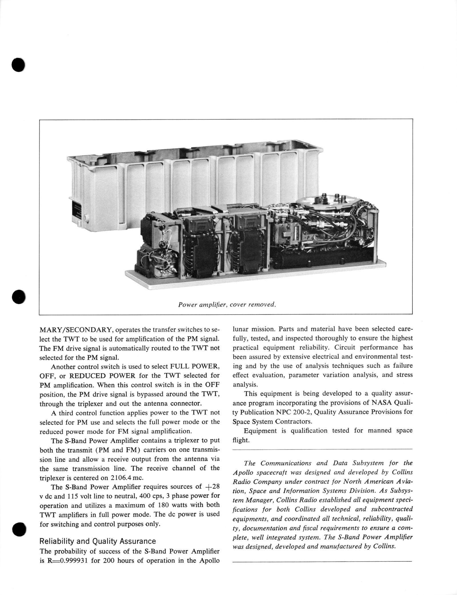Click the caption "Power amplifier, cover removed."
(227, 304)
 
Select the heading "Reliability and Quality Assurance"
(98, 541)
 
